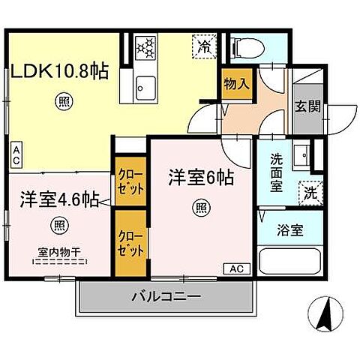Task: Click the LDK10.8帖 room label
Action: [x=59, y=70]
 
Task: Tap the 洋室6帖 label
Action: [x=200, y=178]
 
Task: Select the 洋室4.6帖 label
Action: [x=57, y=200]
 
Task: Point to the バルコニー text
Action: [x=166, y=296]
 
